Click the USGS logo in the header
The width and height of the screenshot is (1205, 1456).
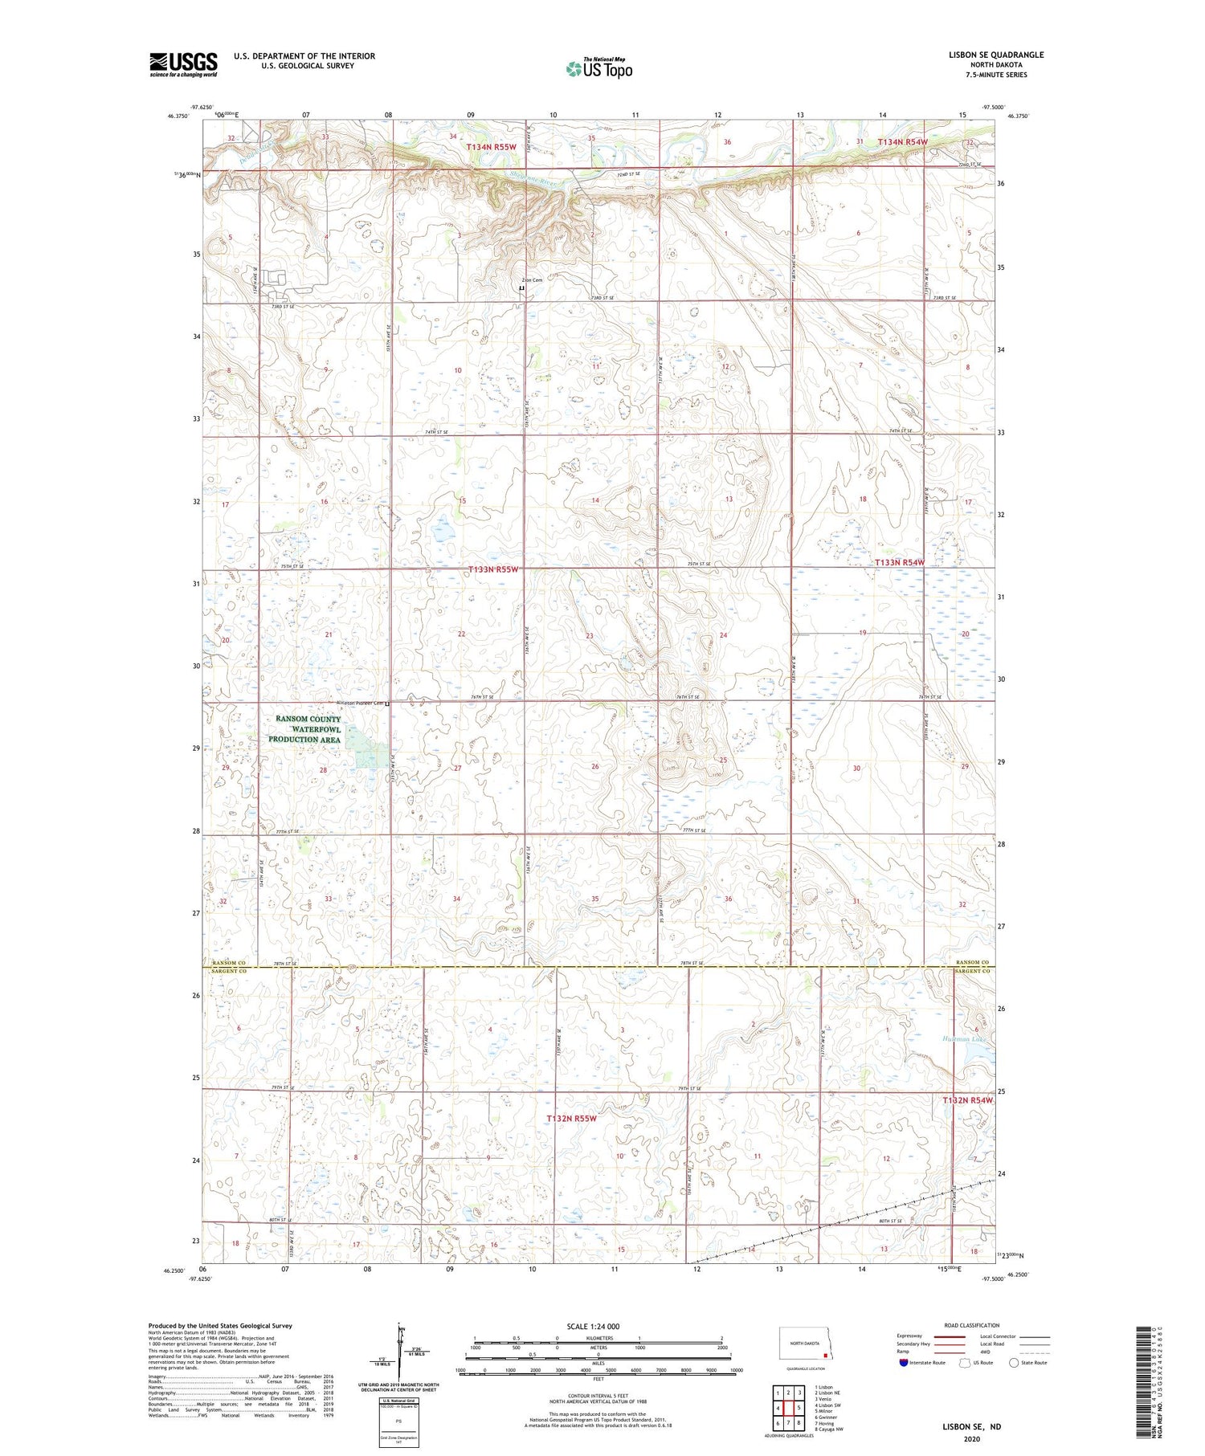click(183, 64)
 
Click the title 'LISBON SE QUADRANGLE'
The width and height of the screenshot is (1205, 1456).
click(995, 55)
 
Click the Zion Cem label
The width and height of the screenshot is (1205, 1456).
click(532, 280)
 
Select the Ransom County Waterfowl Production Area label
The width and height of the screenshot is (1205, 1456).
click(304, 729)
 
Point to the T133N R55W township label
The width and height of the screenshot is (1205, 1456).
click(493, 569)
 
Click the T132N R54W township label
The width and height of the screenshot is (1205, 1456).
click(967, 1100)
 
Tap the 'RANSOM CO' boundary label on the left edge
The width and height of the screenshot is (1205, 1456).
click(227, 962)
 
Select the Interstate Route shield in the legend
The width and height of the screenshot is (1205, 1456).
click(903, 1363)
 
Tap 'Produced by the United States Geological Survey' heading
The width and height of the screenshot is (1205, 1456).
click(220, 1326)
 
